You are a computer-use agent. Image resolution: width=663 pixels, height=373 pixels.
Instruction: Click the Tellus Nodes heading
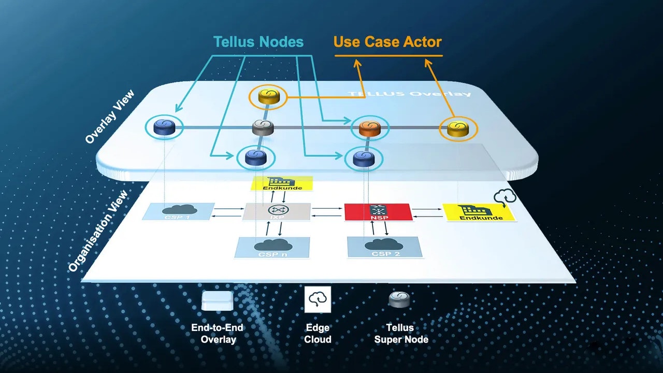pos(258,42)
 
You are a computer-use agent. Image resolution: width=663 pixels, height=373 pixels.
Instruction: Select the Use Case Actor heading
pos(387,42)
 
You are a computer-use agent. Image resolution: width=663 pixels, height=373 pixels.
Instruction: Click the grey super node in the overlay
pos(262,127)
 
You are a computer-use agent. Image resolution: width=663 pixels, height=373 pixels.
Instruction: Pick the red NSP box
pos(378,212)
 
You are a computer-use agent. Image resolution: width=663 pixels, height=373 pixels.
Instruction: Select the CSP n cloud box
pos(272,247)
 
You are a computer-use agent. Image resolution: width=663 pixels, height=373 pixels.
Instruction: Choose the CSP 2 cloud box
pos(384,247)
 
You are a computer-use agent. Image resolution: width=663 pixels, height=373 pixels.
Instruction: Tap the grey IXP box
pos(277,211)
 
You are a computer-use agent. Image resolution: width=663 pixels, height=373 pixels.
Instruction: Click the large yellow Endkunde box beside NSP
pos(480,212)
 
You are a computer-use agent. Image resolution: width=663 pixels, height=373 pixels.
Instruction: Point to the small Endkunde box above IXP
pos(282,183)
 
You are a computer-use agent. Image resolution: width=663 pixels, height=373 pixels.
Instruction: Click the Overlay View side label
pos(109,117)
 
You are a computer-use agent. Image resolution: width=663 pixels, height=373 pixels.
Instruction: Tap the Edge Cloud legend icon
pos(318,299)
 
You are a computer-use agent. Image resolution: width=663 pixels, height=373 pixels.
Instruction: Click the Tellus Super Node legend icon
pos(399,299)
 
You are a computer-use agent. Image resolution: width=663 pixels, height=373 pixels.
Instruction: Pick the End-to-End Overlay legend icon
pos(217,300)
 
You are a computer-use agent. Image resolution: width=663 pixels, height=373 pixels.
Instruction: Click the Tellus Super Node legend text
pos(401,334)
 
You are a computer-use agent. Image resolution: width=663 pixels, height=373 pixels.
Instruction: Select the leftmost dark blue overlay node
pos(164,127)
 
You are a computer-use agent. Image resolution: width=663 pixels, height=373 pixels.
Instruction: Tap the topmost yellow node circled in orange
pos(268,96)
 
